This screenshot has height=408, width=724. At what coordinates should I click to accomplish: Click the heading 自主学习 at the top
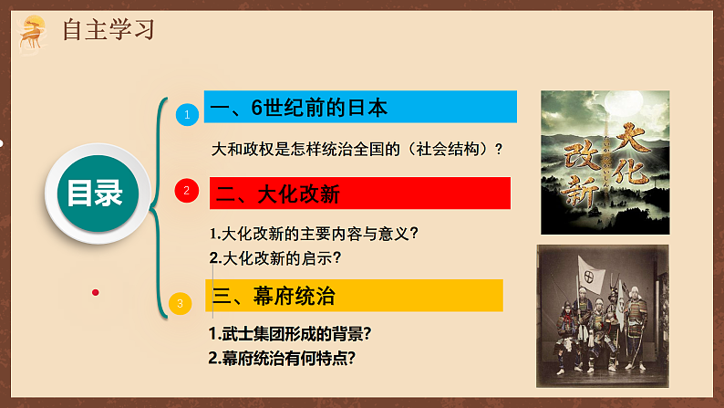(109, 29)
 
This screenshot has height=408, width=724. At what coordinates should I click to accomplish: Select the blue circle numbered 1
(187, 115)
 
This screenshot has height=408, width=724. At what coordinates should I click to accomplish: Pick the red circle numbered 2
(187, 190)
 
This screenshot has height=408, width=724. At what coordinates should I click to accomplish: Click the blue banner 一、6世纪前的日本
(360, 108)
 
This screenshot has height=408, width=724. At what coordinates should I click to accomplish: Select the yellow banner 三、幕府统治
(356, 295)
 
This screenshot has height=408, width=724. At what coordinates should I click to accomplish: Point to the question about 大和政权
(357, 149)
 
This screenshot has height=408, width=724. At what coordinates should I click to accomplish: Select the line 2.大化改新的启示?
(281, 257)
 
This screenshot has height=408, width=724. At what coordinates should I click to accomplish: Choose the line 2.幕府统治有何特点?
(282, 358)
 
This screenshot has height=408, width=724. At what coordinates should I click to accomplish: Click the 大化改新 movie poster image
(605, 162)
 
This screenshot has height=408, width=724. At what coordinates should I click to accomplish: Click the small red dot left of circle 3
(95, 292)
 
